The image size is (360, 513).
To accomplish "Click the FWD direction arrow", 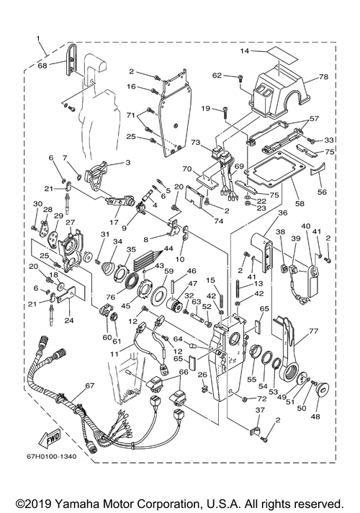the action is click(50, 437).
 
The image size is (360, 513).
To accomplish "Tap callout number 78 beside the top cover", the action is click(324, 76).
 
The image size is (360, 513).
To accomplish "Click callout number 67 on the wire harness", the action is click(90, 385).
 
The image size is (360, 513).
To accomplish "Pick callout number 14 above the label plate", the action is click(245, 50).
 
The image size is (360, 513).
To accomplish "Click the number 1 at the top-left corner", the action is click(38, 39).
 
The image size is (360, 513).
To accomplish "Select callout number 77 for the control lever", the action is click(313, 331).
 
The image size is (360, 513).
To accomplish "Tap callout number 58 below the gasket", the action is click(300, 203).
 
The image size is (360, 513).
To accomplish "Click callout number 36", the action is click(282, 213).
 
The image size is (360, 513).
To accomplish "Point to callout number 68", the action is click(42, 65).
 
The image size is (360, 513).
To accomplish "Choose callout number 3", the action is click(127, 162).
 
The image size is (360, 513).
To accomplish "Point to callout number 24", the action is click(69, 320).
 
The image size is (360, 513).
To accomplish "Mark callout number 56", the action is click(322, 192).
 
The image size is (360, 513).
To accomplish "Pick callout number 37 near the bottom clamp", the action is click(260, 410).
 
